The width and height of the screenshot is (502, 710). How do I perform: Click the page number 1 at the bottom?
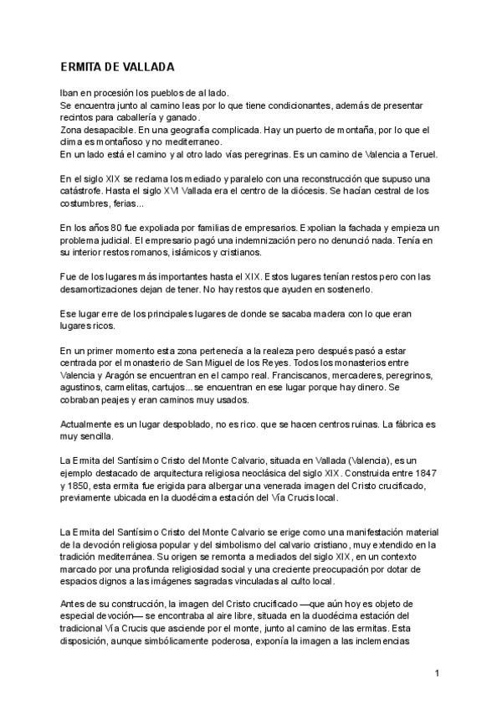point(438,673)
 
